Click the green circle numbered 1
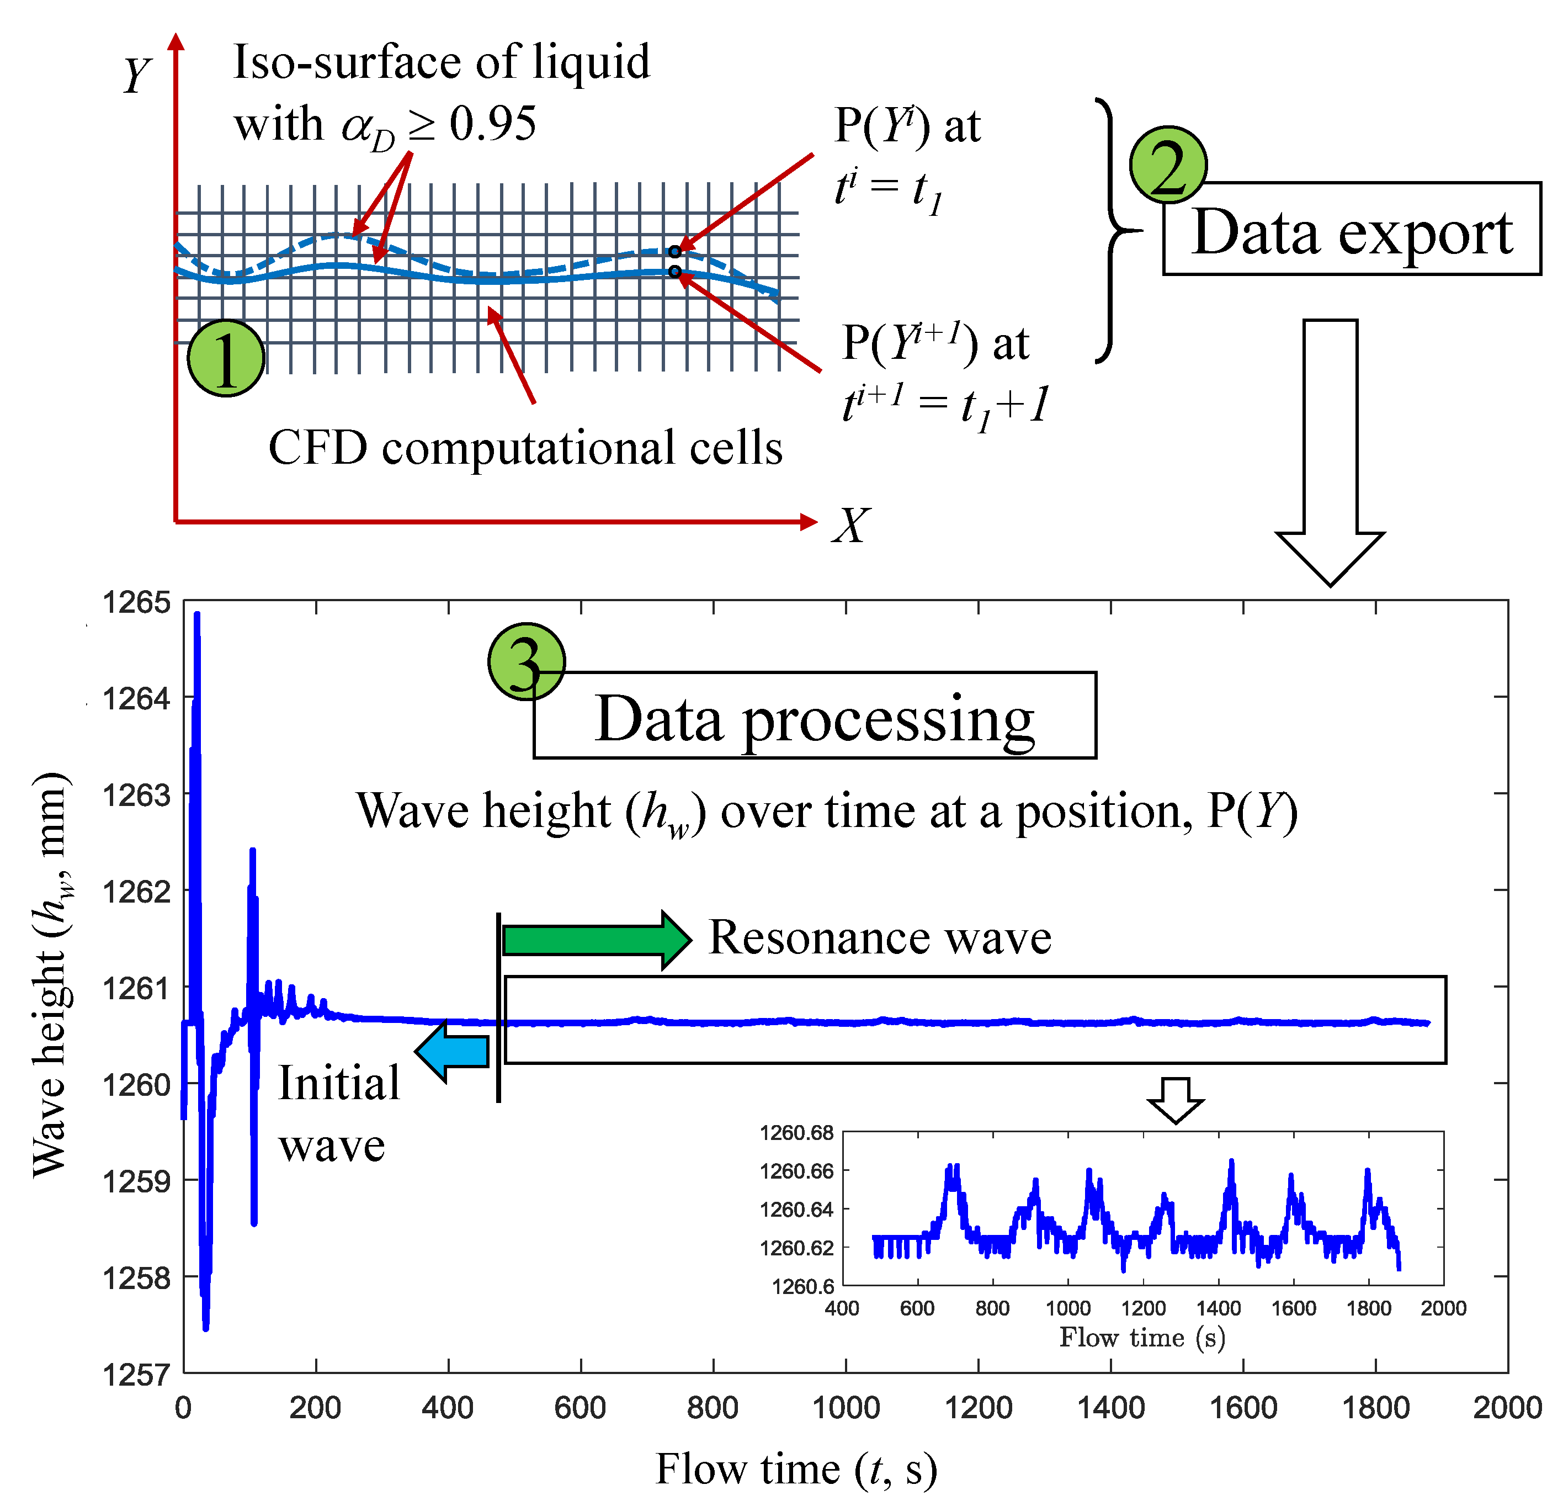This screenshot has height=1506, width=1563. pos(226,358)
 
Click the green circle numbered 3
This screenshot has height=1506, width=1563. pos(527,662)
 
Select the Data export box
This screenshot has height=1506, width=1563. pos(1352,229)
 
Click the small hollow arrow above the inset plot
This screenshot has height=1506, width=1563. pos(1176,1099)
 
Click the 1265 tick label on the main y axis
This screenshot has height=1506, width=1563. pos(136,602)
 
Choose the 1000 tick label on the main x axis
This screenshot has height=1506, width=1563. pos(846,1408)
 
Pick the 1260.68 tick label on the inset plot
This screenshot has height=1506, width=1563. pos(796,1133)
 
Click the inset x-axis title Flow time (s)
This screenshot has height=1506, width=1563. pos(1142,1337)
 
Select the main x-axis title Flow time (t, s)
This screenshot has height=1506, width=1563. pos(796,1470)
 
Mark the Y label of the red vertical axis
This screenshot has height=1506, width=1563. pos(136,76)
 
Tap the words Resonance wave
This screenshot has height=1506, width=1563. pos(880,937)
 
